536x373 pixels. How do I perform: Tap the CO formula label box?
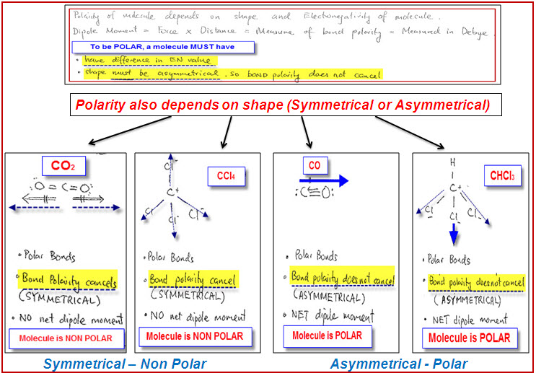point(315,166)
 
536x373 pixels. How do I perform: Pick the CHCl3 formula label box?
point(498,176)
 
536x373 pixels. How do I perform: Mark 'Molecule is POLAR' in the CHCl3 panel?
point(470,338)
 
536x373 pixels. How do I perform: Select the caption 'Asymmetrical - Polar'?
point(399,364)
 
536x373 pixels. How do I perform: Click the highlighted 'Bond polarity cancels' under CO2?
point(69,281)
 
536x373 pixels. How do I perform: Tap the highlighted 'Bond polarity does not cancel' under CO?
point(343,278)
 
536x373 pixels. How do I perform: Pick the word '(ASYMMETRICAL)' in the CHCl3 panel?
point(461,298)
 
